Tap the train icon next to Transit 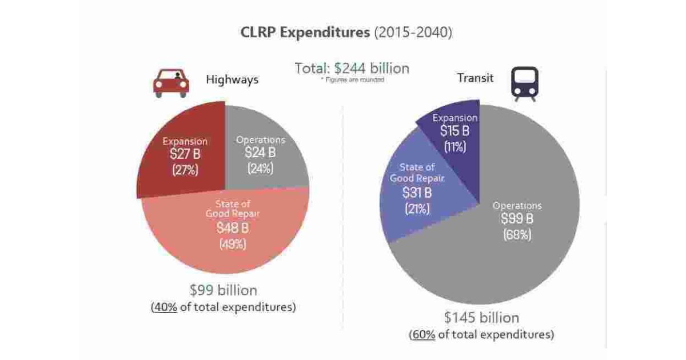pyautogui.click(x=524, y=83)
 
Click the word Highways pyautogui.click(x=232, y=79)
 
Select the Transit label pyautogui.click(x=475, y=78)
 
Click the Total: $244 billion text pyautogui.click(x=352, y=69)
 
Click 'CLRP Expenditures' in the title pyautogui.click(x=305, y=32)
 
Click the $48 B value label pyautogui.click(x=232, y=227)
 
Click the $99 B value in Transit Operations pyautogui.click(x=517, y=218)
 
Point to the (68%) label pyautogui.click(x=517, y=234)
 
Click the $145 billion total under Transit pyautogui.click(x=481, y=318)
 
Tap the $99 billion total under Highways pyautogui.click(x=224, y=290)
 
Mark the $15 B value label pyautogui.click(x=454, y=131)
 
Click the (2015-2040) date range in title pyautogui.click(x=413, y=32)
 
